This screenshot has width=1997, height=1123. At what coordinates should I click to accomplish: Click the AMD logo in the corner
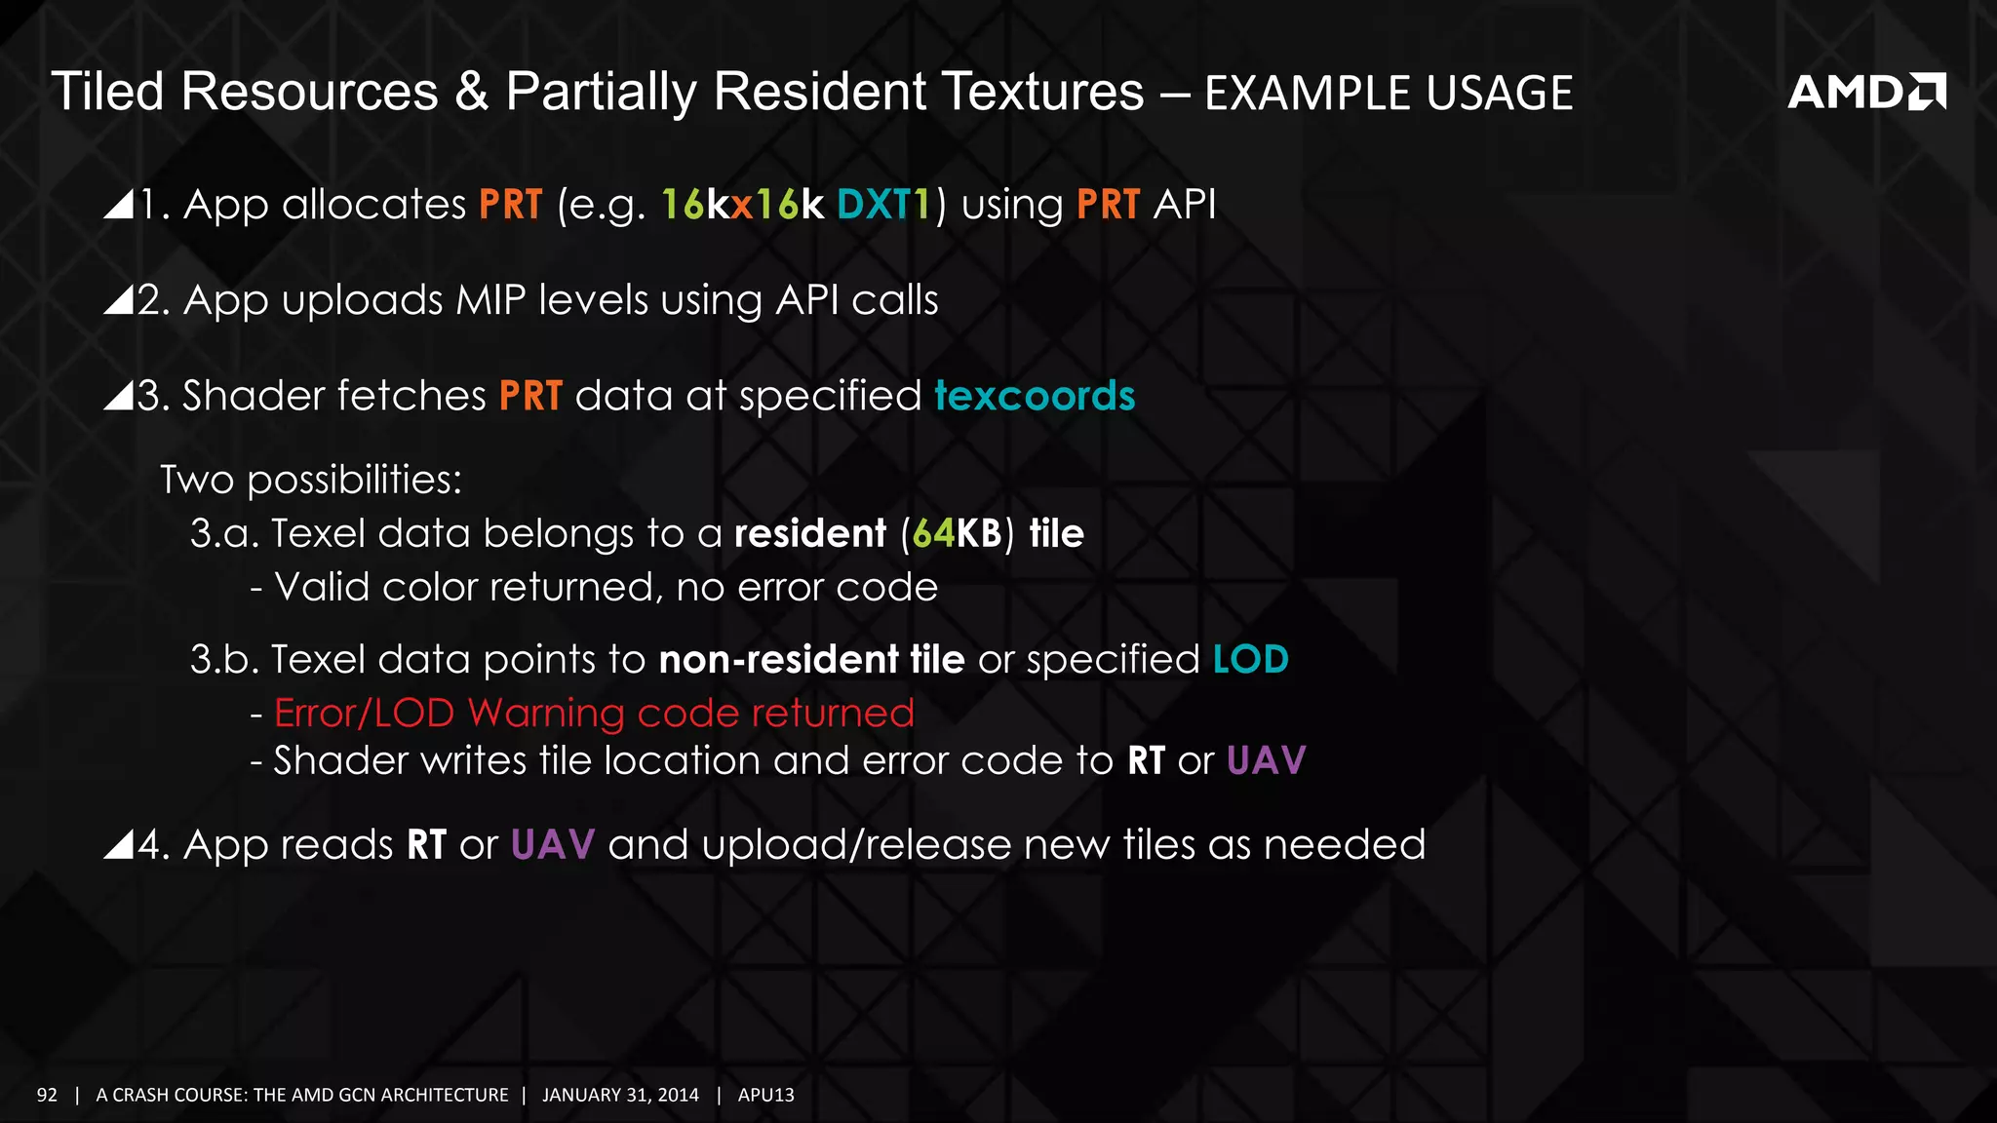coord(1865,92)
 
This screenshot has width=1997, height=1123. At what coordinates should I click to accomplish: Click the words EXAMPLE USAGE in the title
coord(1389,94)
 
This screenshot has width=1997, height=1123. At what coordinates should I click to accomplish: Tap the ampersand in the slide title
coord(471,92)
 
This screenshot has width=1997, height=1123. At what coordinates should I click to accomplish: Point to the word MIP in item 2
coord(490,300)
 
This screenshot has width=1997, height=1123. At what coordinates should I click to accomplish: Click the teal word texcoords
coord(1035,396)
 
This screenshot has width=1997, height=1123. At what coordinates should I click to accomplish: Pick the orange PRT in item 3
coord(530,396)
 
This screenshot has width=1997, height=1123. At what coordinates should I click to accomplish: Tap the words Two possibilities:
coord(311,480)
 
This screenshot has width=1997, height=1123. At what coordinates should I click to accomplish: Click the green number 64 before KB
coord(933,533)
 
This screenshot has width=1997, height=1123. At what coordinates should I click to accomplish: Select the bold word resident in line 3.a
coord(810,533)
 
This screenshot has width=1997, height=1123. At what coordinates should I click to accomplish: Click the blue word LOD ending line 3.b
coord(1251,659)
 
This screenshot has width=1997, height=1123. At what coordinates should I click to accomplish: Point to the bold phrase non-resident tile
coord(811,659)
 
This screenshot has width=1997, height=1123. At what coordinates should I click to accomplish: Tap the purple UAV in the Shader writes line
coord(1266,760)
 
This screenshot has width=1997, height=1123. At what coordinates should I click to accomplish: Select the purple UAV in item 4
coord(552,844)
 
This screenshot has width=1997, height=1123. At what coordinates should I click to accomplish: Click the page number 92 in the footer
coord(47,1095)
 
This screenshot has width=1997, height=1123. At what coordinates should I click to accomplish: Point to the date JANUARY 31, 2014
coord(620,1095)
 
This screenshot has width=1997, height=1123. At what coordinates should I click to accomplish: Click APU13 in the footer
coord(765,1095)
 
